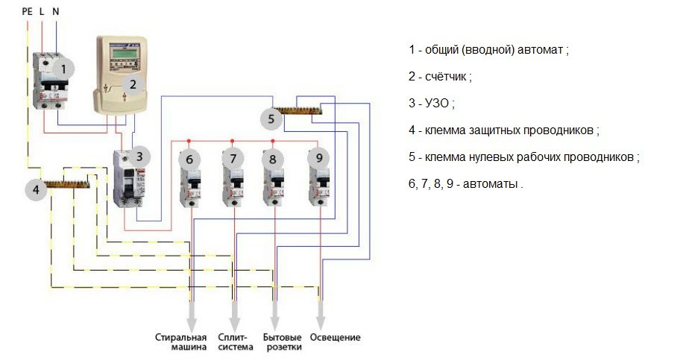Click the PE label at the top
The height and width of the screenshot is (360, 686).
28,11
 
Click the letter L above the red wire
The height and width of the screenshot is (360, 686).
42,11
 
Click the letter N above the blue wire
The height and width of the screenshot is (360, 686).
56,11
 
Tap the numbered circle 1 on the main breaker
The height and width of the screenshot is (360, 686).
64,69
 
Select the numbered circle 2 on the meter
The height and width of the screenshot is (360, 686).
133,85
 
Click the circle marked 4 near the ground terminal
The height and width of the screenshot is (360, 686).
35,190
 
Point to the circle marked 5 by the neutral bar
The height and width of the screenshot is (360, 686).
271,119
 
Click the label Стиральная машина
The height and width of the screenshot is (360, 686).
180,342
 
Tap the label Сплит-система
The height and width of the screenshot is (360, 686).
233,342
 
